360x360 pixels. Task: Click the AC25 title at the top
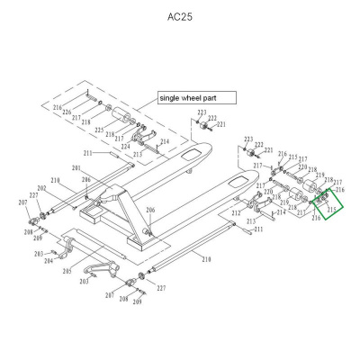[x=180, y=16]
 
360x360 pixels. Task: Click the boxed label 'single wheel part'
[x=195, y=96]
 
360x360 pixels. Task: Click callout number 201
[x=76, y=169]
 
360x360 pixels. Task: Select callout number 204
[x=49, y=261]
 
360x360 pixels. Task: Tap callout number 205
[x=67, y=271]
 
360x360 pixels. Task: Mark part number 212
[x=237, y=213]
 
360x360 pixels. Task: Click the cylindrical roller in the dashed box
[x=117, y=117]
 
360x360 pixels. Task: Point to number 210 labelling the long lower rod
[x=206, y=259]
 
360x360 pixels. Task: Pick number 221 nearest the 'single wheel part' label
[x=221, y=124]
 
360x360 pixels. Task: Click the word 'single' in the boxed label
[x=172, y=96]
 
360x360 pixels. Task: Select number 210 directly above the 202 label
[x=55, y=181]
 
